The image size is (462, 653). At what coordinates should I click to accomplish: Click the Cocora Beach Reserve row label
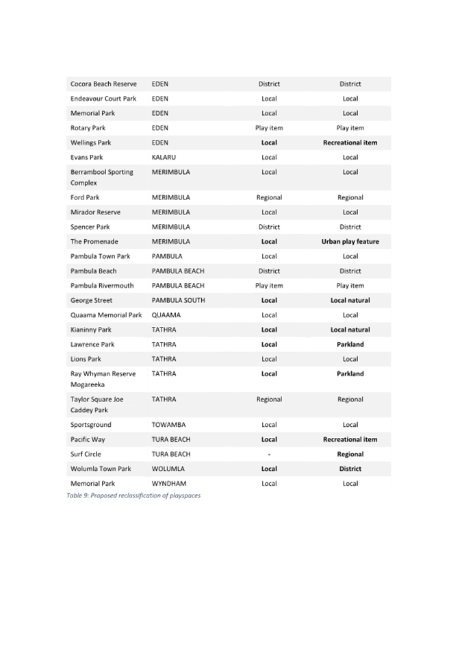[x=103, y=84]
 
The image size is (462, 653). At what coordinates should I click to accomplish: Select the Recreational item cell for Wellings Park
[x=350, y=143]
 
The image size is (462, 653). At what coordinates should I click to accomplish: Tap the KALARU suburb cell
[x=164, y=158]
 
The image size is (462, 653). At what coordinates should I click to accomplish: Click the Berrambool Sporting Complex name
[x=102, y=177]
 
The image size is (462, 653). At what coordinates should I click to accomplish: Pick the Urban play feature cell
[x=350, y=242]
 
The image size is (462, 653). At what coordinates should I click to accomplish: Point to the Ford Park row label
[x=85, y=198]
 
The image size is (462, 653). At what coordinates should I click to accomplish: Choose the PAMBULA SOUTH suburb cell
[x=178, y=301]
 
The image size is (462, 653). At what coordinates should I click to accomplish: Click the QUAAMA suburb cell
[x=166, y=315]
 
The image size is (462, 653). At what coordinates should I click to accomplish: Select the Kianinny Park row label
[x=91, y=330]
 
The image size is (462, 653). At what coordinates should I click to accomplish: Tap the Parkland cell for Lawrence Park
[x=350, y=345]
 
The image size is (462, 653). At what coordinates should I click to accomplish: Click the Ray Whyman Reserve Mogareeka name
[x=103, y=380]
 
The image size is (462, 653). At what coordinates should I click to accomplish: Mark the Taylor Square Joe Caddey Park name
[x=97, y=405]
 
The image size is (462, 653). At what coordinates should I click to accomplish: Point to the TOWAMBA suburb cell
[x=168, y=426]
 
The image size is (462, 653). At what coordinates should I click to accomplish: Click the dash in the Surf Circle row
[x=269, y=454]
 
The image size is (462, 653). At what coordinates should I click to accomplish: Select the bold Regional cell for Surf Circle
[x=350, y=454]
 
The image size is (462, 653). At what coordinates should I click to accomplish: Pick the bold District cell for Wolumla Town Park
[x=350, y=469]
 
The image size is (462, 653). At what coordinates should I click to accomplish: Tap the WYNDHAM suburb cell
[x=168, y=484]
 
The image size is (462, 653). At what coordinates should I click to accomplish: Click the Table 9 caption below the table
[x=133, y=495]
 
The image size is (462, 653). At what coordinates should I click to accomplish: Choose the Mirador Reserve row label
[x=95, y=212]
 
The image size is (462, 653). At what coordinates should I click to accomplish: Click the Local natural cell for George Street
[x=350, y=301]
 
